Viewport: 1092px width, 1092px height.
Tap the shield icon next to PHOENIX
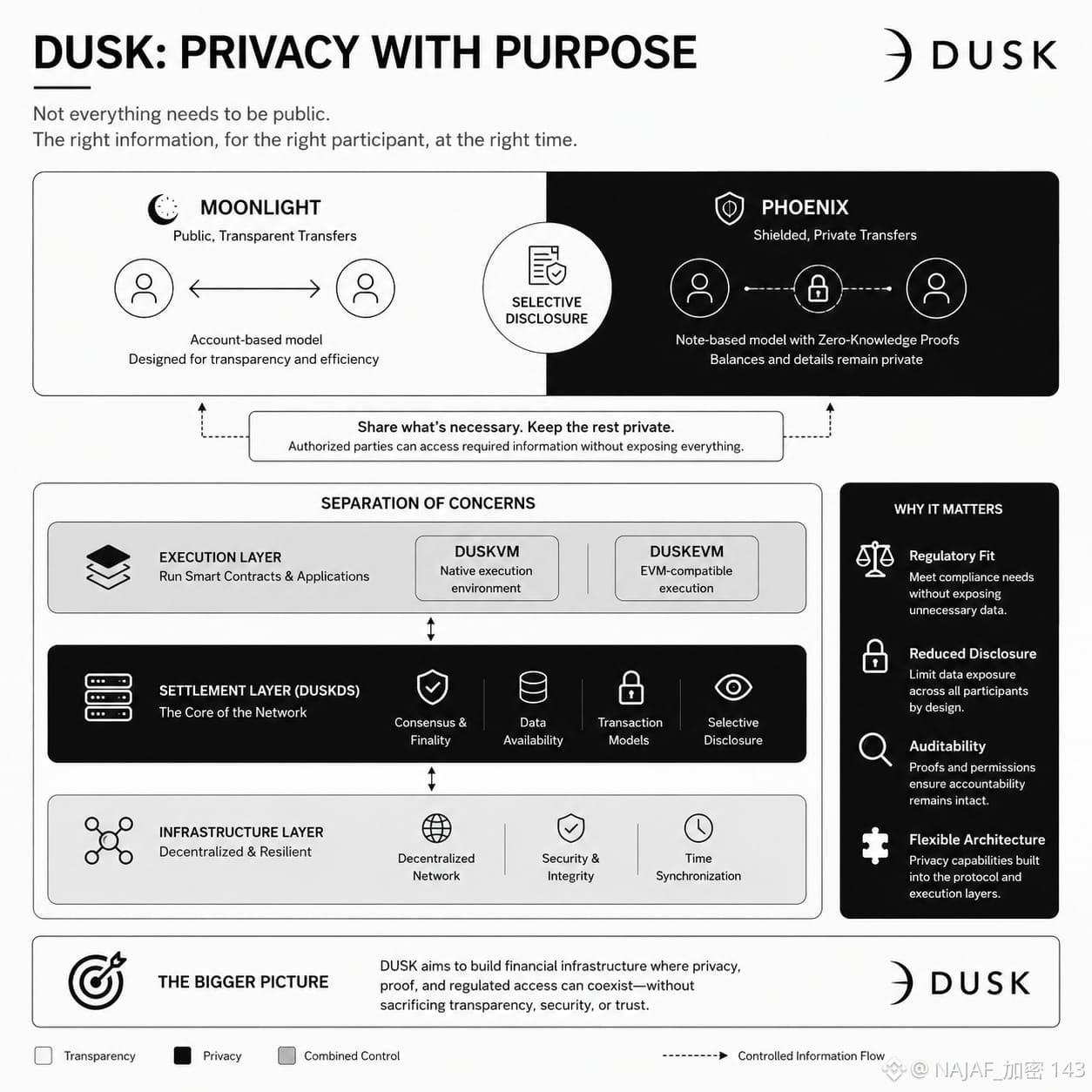click(x=730, y=208)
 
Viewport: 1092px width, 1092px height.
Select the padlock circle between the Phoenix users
click(x=817, y=288)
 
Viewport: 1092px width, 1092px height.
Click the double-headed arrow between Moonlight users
click(x=254, y=288)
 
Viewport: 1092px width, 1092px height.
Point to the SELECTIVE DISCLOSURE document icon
click(x=547, y=265)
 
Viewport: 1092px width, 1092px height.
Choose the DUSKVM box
click(x=487, y=569)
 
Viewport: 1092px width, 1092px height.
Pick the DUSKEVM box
click(x=686, y=569)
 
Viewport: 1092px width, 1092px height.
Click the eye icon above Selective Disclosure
click(x=733, y=687)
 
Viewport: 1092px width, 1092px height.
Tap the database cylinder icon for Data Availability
click(x=533, y=687)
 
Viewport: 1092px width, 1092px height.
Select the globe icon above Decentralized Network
click(x=437, y=828)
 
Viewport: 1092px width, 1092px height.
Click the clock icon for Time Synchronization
click(x=698, y=828)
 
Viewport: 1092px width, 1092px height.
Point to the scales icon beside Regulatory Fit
click(x=875, y=559)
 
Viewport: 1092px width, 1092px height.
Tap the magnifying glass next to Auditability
click(x=875, y=749)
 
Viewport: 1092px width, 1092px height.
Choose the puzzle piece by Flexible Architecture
click(x=875, y=846)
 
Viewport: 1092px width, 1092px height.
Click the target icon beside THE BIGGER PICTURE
click(x=98, y=981)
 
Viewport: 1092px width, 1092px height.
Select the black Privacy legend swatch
click(x=183, y=1055)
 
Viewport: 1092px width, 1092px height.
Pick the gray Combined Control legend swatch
click(x=286, y=1055)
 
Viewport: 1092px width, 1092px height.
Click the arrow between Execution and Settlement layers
click(x=431, y=629)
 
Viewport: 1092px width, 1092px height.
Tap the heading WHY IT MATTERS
click(x=948, y=509)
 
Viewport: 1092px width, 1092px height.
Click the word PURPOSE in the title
click(x=596, y=52)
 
